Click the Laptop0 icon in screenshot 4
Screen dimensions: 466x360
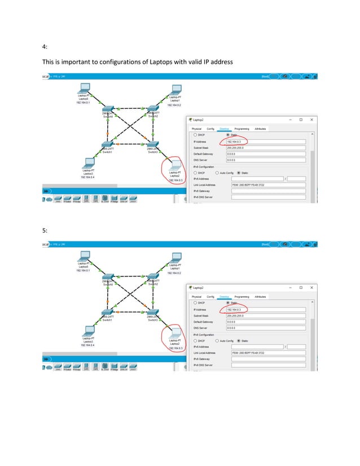(84, 89)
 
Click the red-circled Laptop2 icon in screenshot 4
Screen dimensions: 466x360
(174, 165)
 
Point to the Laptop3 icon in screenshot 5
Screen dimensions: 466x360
(87, 331)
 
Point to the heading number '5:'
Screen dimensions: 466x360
(45, 230)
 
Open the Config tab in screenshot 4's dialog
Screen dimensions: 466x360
(210, 129)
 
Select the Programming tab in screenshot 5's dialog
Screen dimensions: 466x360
(242, 296)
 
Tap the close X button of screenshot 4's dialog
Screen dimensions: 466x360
(311, 120)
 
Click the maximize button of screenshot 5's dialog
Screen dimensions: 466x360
(301, 288)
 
